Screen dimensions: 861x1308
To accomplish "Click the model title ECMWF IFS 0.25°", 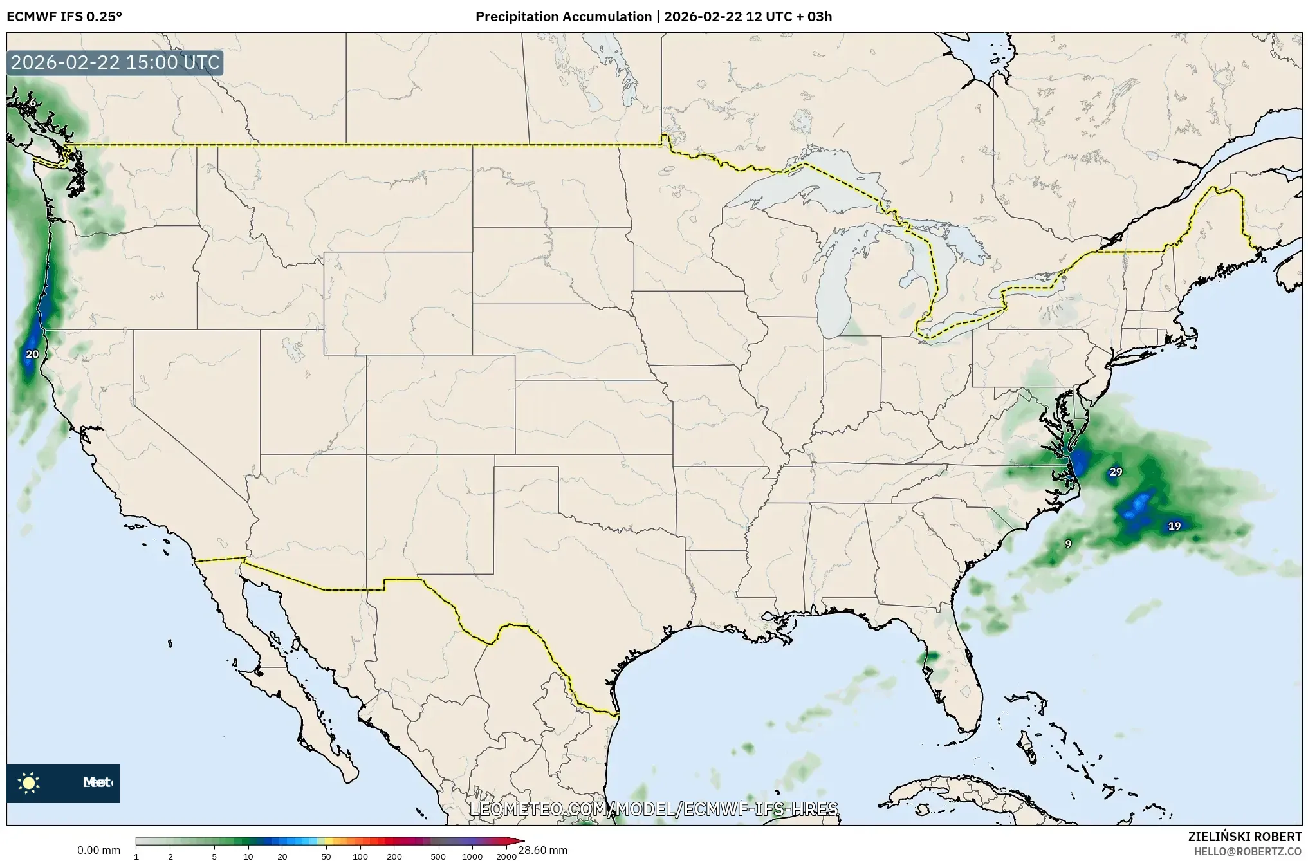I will click(64, 17).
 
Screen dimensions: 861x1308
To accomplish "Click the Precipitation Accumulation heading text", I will click(563, 17).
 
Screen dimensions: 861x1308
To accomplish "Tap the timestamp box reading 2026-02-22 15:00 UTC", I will click(115, 62).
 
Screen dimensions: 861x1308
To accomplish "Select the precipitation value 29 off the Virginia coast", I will click(1116, 472).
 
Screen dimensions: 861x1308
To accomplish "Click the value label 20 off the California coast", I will click(32, 354).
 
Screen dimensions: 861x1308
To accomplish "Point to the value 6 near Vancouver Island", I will click(33, 103).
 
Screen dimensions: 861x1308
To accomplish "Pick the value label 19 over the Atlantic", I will click(1174, 526).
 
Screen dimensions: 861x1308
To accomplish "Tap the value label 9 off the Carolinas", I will click(1068, 544).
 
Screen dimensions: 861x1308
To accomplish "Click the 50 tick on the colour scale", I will click(326, 856).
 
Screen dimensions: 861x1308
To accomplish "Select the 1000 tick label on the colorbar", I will click(472, 856).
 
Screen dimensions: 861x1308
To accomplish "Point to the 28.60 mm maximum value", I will click(542, 850).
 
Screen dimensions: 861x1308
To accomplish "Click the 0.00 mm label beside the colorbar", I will click(98, 850).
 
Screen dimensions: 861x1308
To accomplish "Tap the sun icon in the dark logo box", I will click(29, 782).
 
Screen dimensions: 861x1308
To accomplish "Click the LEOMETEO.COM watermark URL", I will click(654, 809).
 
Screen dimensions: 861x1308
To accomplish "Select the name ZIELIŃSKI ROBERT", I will click(1244, 837).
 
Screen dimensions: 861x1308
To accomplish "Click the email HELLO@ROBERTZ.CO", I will click(1248, 851).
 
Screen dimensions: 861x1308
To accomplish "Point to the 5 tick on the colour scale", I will click(214, 856).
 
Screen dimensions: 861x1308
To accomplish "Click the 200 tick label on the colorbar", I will click(394, 856).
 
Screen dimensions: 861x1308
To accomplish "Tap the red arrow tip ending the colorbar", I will click(520, 840).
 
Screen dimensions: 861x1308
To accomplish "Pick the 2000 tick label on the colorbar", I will click(506, 856).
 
